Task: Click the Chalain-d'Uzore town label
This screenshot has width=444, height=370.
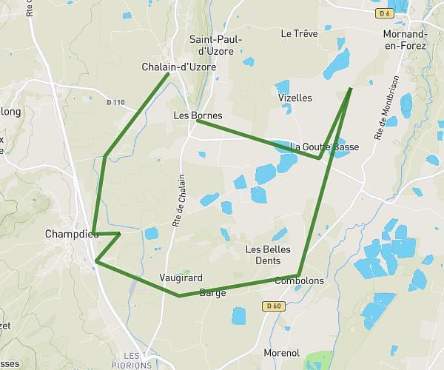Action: click(x=178, y=67)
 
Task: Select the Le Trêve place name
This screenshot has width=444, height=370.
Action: click(x=299, y=33)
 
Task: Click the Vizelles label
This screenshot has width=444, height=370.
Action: click(x=295, y=98)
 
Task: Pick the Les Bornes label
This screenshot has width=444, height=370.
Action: click(x=198, y=115)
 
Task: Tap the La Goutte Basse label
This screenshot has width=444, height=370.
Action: click(x=325, y=147)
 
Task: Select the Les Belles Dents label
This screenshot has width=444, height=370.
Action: click(x=267, y=255)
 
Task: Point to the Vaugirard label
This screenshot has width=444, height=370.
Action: click(x=176, y=278)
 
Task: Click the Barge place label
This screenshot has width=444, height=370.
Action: click(x=212, y=292)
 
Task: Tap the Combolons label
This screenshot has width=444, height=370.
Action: click(x=299, y=281)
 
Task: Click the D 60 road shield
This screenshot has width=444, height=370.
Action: click(x=274, y=306)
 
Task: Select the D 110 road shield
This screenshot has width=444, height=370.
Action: click(x=115, y=102)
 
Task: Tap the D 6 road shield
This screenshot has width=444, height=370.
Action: click(x=383, y=13)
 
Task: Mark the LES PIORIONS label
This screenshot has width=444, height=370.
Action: click(x=137, y=360)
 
